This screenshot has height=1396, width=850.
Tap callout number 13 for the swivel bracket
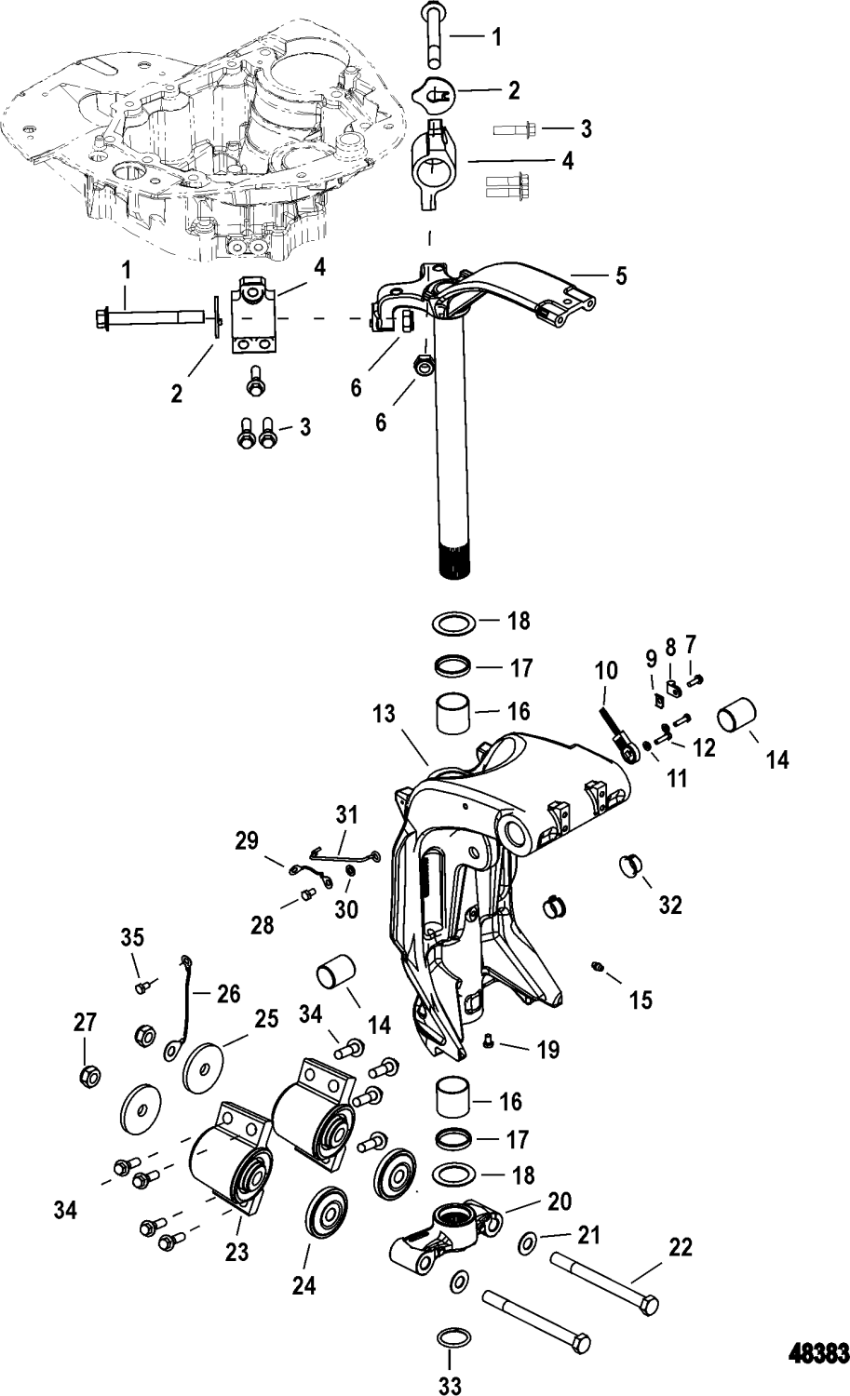click(x=411, y=717)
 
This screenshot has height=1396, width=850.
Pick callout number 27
click(x=86, y=1023)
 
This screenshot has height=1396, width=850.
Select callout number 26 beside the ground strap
click(x=229, y=994)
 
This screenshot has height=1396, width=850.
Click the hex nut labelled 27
click(x=86, y=1077)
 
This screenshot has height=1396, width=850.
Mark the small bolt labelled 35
click(x=141, y=985)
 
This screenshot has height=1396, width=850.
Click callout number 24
click(x=304, y=1287)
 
